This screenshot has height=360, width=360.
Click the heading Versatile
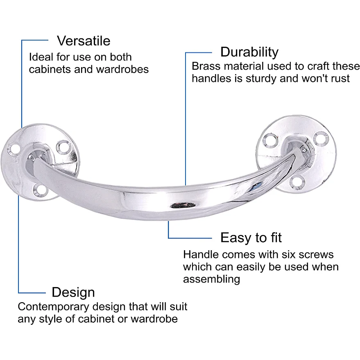click(84, 41)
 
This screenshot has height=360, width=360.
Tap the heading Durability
click(249, 52)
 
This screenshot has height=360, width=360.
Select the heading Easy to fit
click(251, 238)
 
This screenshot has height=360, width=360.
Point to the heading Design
click(73, 292)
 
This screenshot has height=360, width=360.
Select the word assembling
click(211, 279)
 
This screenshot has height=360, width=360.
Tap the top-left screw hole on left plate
click(14, 149)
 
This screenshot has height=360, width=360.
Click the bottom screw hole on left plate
click(41, 190)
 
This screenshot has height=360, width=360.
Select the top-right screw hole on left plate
click(63, 147)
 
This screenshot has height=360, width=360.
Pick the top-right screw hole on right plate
click(321, 138)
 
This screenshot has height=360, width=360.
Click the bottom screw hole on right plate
click(297, 182)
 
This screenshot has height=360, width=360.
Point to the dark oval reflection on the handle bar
click(183, 205)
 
